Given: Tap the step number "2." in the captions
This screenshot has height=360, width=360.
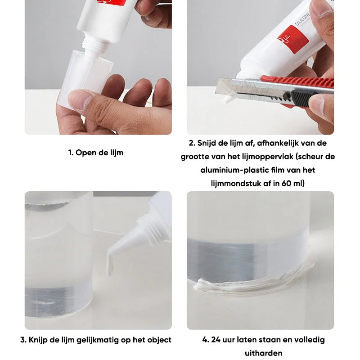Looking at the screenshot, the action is pos(192,143).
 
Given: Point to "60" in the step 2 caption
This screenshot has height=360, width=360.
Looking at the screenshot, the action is pos(286,184).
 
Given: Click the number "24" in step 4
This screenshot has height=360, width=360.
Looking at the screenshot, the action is pos(216,340).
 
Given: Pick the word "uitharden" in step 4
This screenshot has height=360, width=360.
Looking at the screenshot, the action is pos(263,353).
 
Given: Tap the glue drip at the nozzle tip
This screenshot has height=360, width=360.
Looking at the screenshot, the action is pos(110,264).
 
